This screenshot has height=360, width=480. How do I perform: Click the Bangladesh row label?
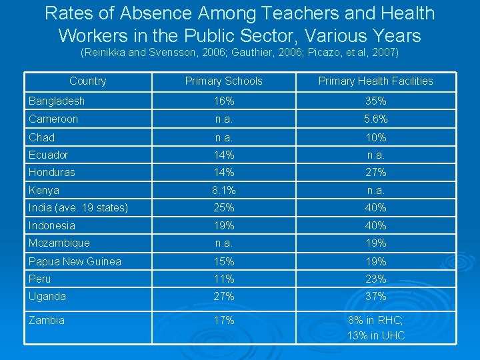tap(57, 101)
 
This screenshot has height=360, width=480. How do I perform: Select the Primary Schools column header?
tap(223, 81)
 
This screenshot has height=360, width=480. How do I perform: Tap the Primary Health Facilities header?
tap(375, 81)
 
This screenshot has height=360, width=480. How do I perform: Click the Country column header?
tap(87, 81)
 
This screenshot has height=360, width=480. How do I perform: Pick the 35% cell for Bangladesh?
tap(375, 101)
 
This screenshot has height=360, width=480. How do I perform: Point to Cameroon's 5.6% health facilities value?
tap(375, 119)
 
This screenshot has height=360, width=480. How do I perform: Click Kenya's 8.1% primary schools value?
tap(223, 190)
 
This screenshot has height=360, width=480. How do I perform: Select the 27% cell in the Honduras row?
tap(375, 172)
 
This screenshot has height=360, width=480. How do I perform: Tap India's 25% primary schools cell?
tap(223, 208)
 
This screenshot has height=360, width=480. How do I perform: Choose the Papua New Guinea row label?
tap(75, 261)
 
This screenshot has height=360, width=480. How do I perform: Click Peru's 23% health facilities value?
tap(375, 279)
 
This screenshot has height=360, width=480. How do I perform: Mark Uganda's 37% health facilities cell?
tap(375, 297)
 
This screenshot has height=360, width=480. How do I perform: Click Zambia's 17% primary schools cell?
tap(223, 321)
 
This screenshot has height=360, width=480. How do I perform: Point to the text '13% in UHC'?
tap(375, 335)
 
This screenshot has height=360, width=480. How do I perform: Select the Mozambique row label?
tap(59, 243)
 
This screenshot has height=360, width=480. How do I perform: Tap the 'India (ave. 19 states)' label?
tap(78, 208)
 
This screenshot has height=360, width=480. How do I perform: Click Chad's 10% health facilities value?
tap(375, 137)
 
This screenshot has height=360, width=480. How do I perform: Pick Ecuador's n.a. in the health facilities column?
tap(375, 155)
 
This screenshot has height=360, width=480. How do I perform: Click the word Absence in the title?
tap(173, 13)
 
